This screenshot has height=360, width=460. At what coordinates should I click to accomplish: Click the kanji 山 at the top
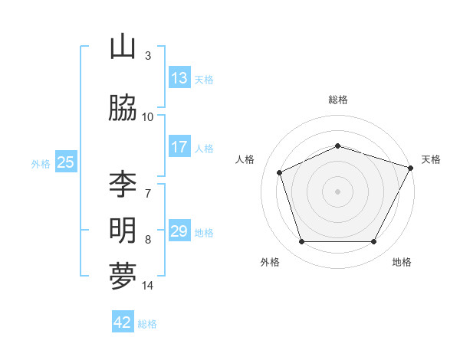(x=123, y=47)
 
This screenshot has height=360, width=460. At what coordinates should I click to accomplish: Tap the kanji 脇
(x=123, y=108)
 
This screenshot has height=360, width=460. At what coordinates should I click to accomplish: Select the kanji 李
(x=123, y=185)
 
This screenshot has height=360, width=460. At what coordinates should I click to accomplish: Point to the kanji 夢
(x=123, y=277)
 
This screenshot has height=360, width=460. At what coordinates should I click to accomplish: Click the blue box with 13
(x=179, y=78)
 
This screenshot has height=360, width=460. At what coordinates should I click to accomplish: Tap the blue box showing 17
(x=179, y=147)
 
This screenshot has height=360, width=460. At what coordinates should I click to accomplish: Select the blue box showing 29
(x=179, y=231)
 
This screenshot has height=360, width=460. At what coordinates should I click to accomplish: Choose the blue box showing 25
(x=65, y=162)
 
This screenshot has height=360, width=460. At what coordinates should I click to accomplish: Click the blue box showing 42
(x=123, y=322)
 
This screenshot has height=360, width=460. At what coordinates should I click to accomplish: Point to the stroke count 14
(x=148, y=286)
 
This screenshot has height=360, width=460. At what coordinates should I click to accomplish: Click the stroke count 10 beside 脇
(x=148, y=117)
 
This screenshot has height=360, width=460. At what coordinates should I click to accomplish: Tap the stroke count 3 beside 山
(x=148, y=56)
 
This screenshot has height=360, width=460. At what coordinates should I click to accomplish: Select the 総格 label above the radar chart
(x=337, y=100)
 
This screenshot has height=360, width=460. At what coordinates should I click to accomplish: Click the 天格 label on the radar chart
(x=431, y=159)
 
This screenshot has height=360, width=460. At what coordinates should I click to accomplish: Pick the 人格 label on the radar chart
(x=245, y=159)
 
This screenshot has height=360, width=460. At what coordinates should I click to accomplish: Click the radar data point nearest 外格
(x=301, y=242)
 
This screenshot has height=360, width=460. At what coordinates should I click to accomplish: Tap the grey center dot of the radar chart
(x=337, y=191)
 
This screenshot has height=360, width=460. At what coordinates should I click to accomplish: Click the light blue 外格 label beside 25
(x=41, y=163)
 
